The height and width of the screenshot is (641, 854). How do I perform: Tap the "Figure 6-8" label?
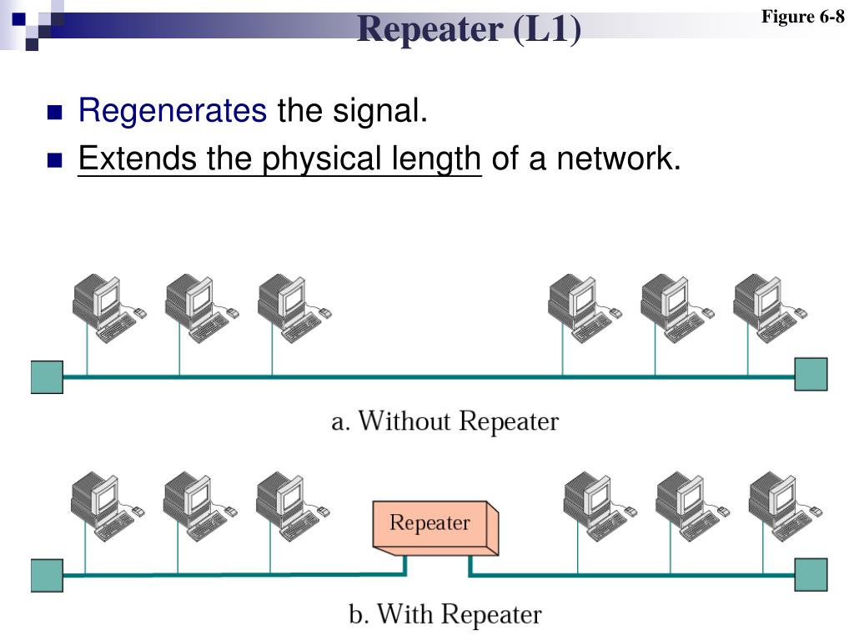pos(803,17)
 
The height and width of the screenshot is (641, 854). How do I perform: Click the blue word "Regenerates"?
pos(173,110)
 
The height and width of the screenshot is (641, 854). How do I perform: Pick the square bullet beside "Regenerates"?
pos(56,112)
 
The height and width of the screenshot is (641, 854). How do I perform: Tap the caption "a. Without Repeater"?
pos(445,421)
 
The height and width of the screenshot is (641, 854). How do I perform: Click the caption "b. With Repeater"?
pos(445,615)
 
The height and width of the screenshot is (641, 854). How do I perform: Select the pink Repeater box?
pos(434,526)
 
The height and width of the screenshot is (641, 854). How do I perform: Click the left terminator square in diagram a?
pos(47,376)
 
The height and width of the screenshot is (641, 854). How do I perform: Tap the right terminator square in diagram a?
pos(811,375)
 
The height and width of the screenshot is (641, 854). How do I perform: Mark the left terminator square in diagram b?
pos(47,575)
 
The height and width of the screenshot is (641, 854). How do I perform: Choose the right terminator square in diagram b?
pos(811,574)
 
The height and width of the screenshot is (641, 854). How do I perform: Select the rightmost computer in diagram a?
pos(763,307)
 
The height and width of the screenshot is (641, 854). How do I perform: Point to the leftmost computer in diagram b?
pos(100,505)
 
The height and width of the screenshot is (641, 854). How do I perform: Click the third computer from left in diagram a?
pos(287,307)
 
